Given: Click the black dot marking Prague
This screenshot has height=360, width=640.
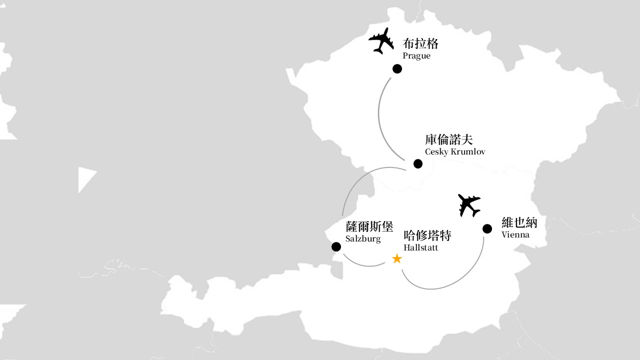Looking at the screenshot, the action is tap(397, 69).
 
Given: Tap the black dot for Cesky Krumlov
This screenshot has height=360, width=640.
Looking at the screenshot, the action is tap(418, 163).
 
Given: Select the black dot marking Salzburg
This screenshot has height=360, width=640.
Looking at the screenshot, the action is tap(336, 247).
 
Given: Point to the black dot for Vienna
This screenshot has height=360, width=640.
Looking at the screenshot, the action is tap(487, 228).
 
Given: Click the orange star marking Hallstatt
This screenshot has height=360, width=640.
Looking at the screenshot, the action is tap(397, 259).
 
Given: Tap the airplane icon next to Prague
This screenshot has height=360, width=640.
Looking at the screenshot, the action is tap(381, 41).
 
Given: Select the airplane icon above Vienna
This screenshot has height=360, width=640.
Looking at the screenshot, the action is tap(469, 205).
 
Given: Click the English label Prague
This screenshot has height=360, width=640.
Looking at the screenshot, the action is tap(416, 55).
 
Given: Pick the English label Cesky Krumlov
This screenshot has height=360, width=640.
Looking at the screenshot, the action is tap(455, 151).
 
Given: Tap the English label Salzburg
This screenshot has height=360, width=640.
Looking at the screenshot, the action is tap(363, 238).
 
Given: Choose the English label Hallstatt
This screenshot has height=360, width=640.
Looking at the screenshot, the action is tap(420, 247).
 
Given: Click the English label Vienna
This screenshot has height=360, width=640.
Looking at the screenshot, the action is tap(515, 235).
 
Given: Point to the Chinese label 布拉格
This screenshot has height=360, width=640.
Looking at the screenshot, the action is tap(420, 43).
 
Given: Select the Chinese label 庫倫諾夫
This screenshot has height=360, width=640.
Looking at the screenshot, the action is tap(449, 139).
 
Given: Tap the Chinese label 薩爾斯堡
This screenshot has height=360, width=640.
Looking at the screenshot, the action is tap(369, 226).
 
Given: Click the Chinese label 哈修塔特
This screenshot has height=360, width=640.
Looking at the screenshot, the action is tap(427, 235).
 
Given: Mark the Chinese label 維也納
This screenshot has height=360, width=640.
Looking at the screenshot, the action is tap(519, 222).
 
